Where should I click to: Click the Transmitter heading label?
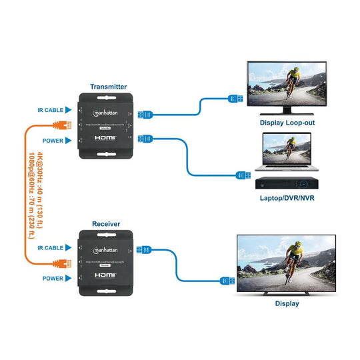point(108,87)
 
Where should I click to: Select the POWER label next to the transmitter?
point(53,141)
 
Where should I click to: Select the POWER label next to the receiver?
point(53,278)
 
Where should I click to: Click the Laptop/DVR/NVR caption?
point(287,198)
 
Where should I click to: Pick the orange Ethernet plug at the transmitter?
point(65,125)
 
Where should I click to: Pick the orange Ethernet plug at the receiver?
point(65,263)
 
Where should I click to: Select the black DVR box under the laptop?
point(287,182)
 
